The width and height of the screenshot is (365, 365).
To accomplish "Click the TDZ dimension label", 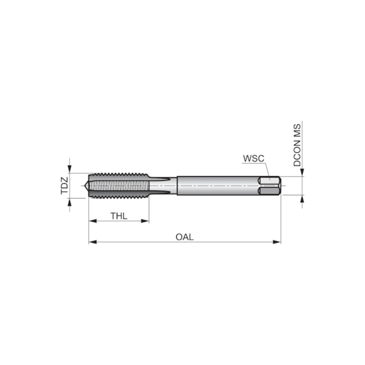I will pos(64,185).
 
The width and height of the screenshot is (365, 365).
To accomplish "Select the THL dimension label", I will pos(118,216).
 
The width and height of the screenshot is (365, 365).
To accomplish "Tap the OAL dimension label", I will pos(184,237).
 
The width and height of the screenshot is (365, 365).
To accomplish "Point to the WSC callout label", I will pos(253,158).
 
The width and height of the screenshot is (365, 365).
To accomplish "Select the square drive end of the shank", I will pos(270,186).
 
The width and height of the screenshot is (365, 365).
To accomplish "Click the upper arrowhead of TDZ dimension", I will pos(70,169).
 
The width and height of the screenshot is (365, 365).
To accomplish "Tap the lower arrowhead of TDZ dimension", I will pos(70,202).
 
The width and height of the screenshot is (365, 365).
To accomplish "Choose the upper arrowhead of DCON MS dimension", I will pos(302,172).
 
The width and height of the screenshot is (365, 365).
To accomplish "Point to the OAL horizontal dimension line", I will pos(225,242).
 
